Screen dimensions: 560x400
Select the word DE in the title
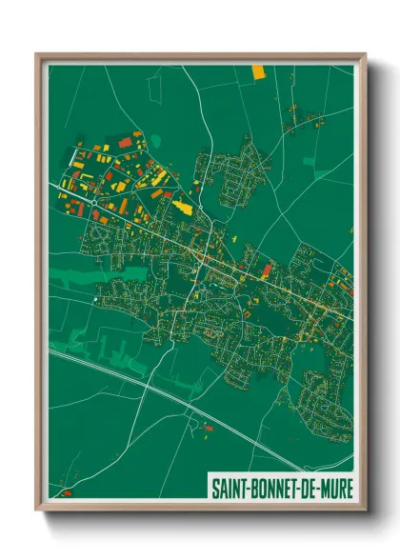tap(310, 488)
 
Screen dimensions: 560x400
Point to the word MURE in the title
tap(336, 488)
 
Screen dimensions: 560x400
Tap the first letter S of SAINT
tap(213, 488)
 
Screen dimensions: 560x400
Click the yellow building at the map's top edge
tap(258, 70)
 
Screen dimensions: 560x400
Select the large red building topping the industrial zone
tap(125, 142)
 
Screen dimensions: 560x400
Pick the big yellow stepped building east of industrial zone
tap(183, 206)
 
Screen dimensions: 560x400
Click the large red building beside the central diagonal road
tap(267, 270)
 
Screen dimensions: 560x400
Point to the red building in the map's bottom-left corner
tap(66, 493)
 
